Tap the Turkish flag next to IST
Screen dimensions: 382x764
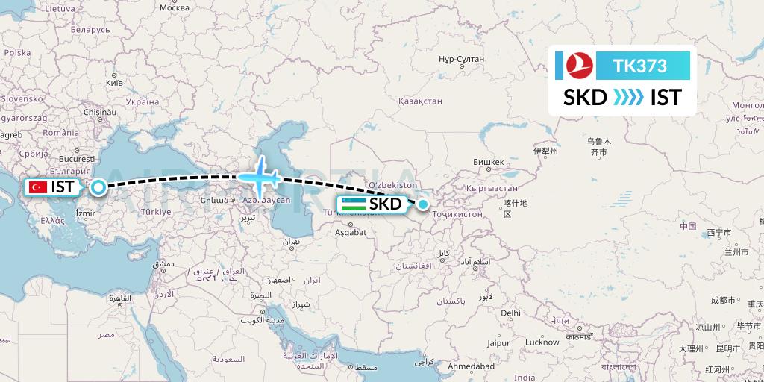point(37,187)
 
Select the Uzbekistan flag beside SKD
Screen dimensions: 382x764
point(353,204)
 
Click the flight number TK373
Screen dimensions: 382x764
point(639,66)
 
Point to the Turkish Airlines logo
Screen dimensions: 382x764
point(576,66)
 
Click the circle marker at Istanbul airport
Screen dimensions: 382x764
point(98,187)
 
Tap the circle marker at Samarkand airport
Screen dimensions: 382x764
point(423,204)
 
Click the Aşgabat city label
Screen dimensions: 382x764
point(351,233)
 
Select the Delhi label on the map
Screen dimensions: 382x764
point(511,313)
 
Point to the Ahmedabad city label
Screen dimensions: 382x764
point(471,367)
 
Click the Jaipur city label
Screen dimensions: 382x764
point(498,343)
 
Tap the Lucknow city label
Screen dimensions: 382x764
point(542,342)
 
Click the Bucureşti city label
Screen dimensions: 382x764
point(75,160)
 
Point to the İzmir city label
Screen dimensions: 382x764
point(86,213)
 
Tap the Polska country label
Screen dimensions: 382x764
point(16,53)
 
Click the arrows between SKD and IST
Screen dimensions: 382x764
point(629,98)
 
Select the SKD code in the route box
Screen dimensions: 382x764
point(585,98)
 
